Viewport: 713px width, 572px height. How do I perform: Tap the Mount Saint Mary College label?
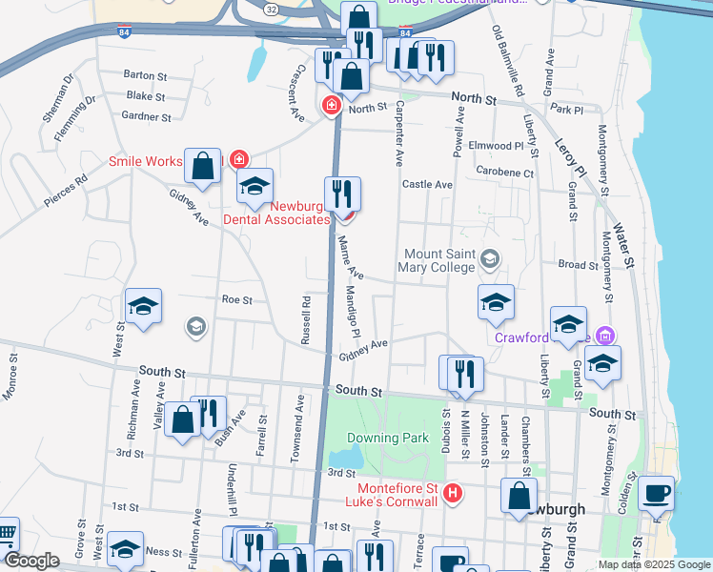tap(439, 260)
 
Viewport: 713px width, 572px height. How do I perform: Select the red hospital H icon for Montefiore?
tap(454, 494)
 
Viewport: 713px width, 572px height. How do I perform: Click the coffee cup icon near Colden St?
tap(656, 494)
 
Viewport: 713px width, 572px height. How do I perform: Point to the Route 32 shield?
tap(273, 9)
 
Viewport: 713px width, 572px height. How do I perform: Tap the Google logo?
tap(31, 561)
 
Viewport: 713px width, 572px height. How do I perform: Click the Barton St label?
tap(145, 74)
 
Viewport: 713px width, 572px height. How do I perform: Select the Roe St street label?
tap(236, 299)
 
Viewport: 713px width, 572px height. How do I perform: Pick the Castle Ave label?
tap(427, 184)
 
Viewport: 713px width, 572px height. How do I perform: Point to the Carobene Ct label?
tap(508, 173)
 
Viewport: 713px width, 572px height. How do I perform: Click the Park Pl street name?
tap(566, 111)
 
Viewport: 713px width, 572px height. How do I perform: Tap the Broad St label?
tap(578, 264)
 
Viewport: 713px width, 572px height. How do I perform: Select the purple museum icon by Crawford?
tap(603, 336)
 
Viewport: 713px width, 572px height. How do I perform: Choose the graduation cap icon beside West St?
tap(143, 306)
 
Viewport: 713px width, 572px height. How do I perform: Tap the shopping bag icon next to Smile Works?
tap(203, 166)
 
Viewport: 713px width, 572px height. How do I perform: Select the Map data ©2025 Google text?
tap(654, 564)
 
